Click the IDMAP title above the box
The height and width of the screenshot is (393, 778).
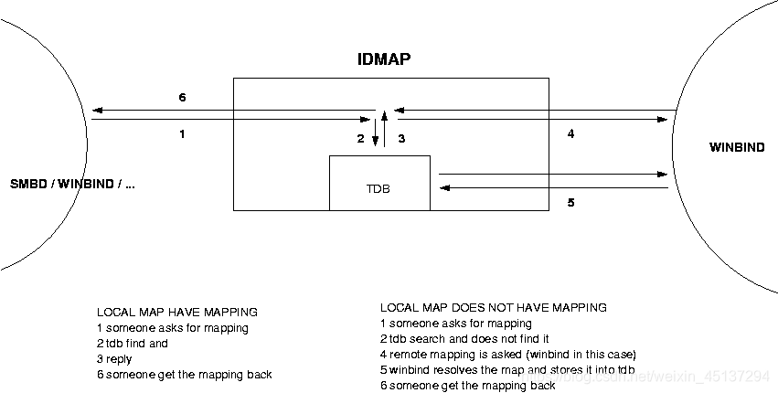(x=384, y=60)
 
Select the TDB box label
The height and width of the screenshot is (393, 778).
(x=378, y=190)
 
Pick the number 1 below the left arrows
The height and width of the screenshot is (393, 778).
(x=182, y=134)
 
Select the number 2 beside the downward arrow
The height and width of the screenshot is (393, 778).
(x=361, y=139)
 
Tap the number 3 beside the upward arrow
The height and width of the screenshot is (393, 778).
(x=400, y=139)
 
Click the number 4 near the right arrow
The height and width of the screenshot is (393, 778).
(x=570, y=134)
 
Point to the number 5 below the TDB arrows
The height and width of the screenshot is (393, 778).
(x=570, y=202)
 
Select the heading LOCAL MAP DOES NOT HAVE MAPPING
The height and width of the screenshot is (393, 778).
(x=493, y=308)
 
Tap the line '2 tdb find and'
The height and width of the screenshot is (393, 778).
(x=133, y=344)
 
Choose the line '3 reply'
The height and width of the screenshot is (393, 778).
(x=114, y=359)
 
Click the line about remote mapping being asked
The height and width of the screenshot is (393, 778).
(x=507, y=354)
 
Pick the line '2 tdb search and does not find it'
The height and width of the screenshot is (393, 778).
(x=464, y=338)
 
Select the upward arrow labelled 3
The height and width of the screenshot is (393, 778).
(x=385, y=128)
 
